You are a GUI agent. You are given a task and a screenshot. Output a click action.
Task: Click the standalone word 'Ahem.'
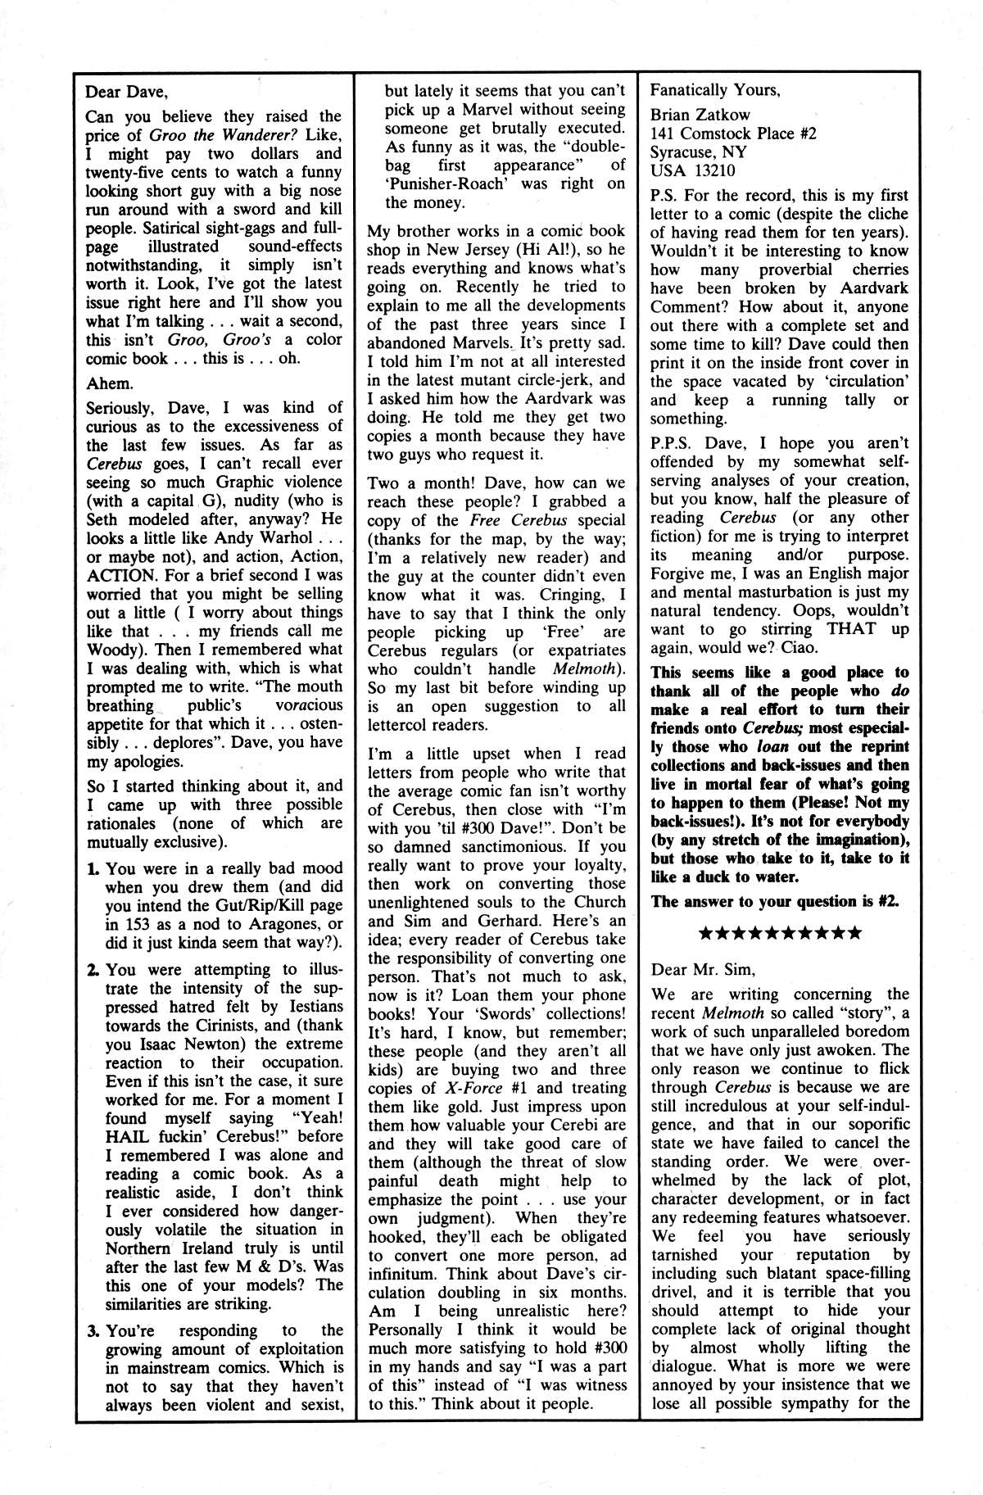(109, 383)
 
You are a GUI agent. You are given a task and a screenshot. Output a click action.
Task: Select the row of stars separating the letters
(775, 932)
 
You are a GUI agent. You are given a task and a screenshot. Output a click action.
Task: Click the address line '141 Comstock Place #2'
(733, 134)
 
